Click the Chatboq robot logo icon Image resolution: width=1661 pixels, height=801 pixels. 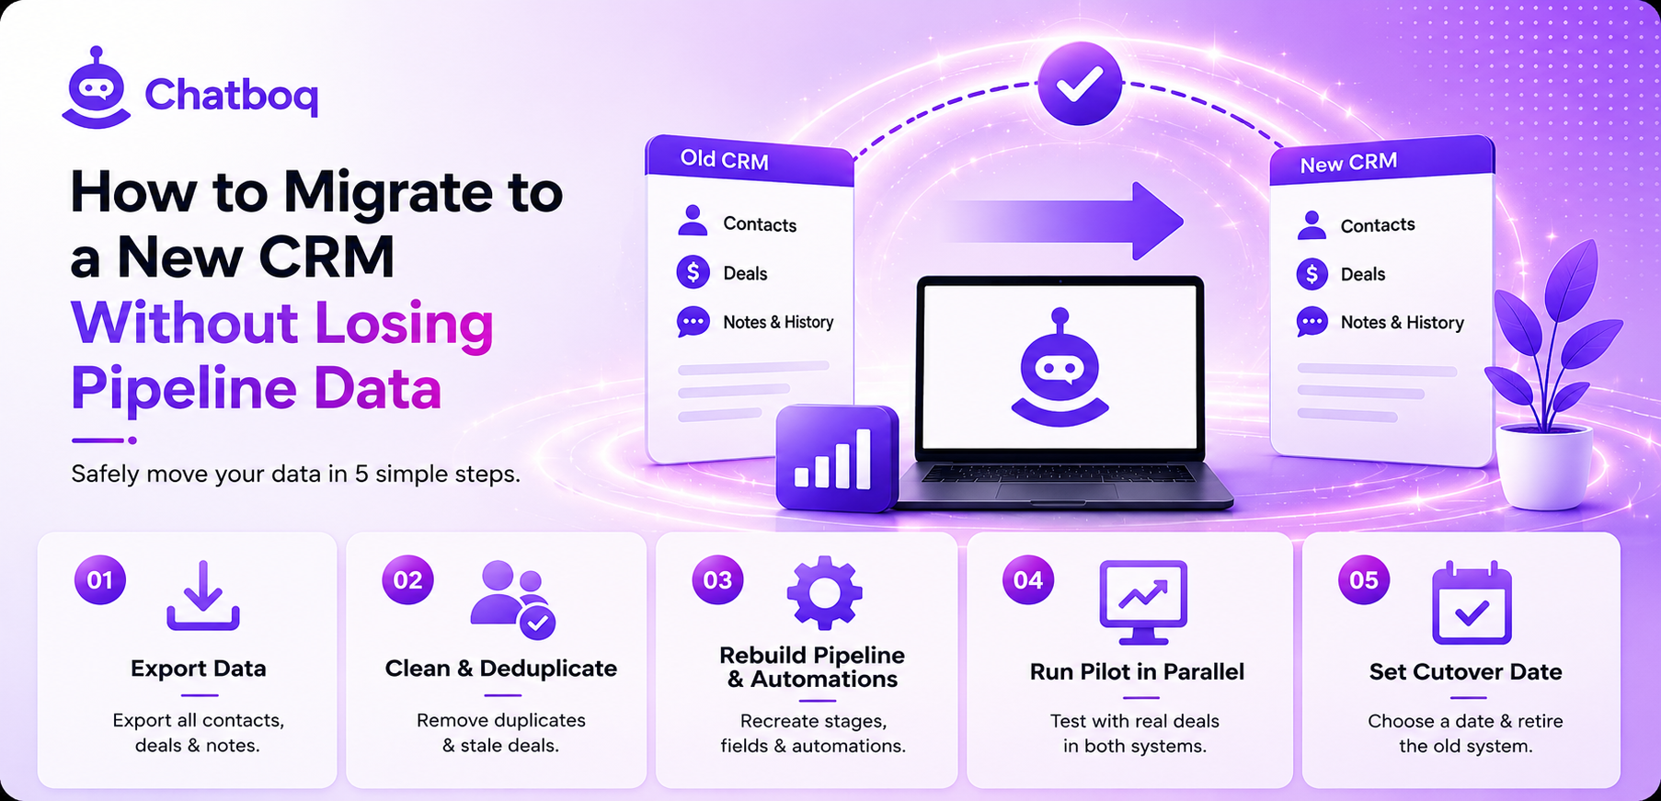click(97, 88)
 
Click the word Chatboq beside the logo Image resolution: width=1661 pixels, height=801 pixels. click(232, 94)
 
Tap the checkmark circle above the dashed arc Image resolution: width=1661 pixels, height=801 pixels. click(1080, 84)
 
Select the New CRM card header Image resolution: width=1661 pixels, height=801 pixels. click(1381, 161)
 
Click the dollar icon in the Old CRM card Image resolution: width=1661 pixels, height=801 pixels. click(693, 272)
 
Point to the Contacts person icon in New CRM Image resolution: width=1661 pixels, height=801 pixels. click(1312, 224)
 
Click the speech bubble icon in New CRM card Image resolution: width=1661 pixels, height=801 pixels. click(1312, 322)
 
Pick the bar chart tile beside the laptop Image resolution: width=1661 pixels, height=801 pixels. click(837, 458)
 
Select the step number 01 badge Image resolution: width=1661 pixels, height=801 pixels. click(100, 579)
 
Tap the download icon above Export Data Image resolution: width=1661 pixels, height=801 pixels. click(203, 596)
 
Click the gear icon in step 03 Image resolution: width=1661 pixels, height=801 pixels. click(824, 593)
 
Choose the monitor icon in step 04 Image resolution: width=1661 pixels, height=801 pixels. click(1143, 602)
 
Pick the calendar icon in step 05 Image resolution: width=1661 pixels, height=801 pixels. click(1472, 602)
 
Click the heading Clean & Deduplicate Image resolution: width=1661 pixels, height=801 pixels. click(501, 669)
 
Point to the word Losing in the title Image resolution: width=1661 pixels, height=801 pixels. click(405, 324)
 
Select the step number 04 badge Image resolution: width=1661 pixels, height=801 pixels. click(1028, 580)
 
